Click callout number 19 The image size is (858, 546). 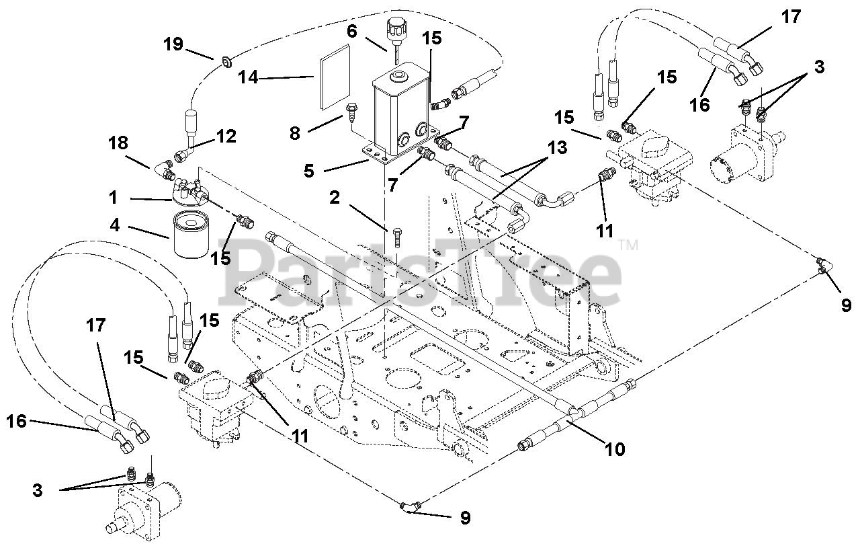(173, 44)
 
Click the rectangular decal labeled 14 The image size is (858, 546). (333, 75)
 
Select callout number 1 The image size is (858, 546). (113, 198)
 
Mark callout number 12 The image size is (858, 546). (226, 136)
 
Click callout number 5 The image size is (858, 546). (308, 171)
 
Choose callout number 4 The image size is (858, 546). (116, 224)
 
